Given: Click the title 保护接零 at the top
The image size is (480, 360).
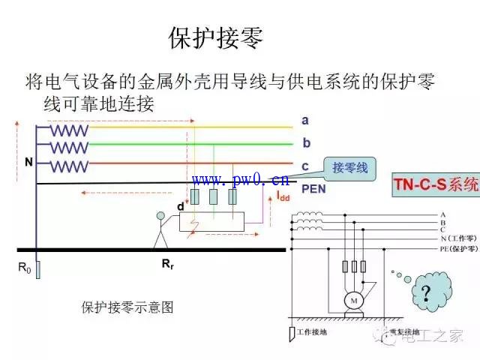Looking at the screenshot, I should click(x=216, y=38).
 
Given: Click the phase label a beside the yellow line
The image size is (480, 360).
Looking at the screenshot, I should click(x=305, y=120).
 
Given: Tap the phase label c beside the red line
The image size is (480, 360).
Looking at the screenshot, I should click(x=305, y=166).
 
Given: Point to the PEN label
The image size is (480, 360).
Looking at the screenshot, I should click(x=313, y=189).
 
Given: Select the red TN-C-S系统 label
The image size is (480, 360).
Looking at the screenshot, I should click(x=436, y=184).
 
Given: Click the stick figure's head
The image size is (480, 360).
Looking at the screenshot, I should click(x=160, y=217).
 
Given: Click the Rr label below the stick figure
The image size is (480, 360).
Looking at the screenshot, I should click(x=168, y=264).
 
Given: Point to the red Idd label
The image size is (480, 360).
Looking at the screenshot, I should click(x=283, y=196).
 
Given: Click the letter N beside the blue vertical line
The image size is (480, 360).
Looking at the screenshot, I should click(x=28, y=162).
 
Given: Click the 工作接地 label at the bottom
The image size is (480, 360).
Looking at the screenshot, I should click(x=313, y=331).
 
